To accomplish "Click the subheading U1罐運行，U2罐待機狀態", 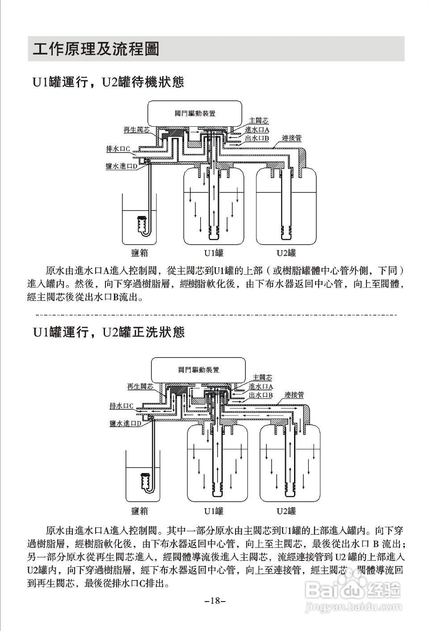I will (108, 82).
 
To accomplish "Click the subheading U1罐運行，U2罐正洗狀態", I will (108, 332).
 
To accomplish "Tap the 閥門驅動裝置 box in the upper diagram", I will (195, 113).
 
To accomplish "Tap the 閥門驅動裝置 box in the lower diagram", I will (198, 370).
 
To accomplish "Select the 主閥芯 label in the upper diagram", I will (259, 120).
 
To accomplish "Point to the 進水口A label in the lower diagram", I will (261, 386).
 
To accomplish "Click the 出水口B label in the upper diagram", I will (257, 138).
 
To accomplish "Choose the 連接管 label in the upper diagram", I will (291, 138).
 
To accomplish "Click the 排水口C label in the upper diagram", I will (118, 149).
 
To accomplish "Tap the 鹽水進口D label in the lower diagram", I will (126, 423).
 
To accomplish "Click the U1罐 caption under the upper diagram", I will (214, 253).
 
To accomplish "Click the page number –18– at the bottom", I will (215, 601).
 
